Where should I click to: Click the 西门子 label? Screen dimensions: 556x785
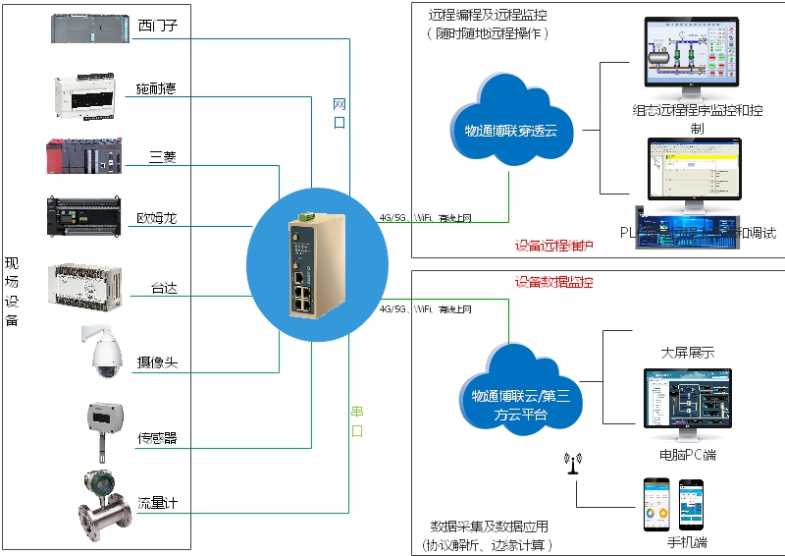pyautogui.click(x=158, y=25)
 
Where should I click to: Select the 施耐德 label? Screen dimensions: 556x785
pyautogui.click(x=156, y=90)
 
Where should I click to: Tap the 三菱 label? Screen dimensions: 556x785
pyautogui.click(x=163, y=156)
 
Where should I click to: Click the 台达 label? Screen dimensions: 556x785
pyautogui.click(x=164, y=289)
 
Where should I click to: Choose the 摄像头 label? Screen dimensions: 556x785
pyautogui.click(x=157, y=362)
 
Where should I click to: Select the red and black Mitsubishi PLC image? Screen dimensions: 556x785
pyautogui.click(x=84, y=157)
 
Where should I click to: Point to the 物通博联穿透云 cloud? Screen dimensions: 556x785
pyautogui.click(x=503, y=123)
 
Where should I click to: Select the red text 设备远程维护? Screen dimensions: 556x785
pyautogui.click(x=554, y=245)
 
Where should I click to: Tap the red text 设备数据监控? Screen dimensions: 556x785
pyautogui.click(x=554, y=282)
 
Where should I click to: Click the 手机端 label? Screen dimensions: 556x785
pyautogui.click(x=687, y=541)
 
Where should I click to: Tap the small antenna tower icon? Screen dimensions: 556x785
pyautogui.click(x=572, y=462)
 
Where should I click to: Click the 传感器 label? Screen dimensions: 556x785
pyautogui.click(x=157, y=437)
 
